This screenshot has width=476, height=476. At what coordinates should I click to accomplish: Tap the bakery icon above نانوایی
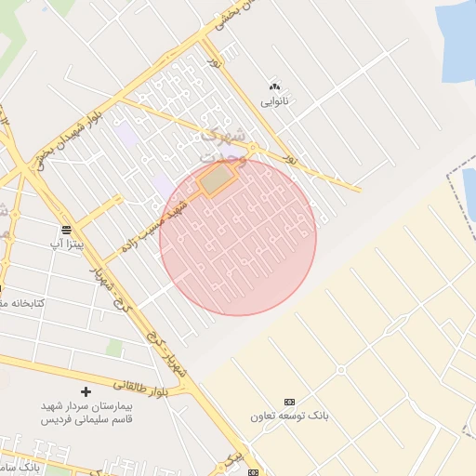(x=273, y=86)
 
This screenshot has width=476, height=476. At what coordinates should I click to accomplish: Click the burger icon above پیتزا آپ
(x=67, y=229)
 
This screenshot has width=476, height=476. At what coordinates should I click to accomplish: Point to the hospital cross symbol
(x=86, y=391)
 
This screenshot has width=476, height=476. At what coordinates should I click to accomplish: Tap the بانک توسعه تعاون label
(x=288, y=416)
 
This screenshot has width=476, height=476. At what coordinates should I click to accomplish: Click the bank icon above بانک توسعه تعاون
(x=288, y=401)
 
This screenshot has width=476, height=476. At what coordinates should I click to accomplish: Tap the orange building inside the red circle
(x=215, y=180)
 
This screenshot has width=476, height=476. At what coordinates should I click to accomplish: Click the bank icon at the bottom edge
(x=253, y=471)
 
